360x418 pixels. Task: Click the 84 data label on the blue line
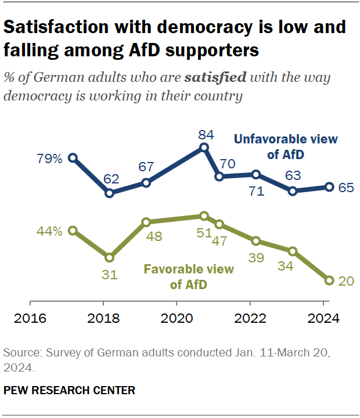[x=206, y=135]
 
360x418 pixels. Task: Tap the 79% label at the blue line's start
[x=50, y=158]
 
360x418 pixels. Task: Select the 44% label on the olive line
[x=50, y=232]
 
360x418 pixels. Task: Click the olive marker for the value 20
[x=329, y=280]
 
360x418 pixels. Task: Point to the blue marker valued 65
[x=329, y=187]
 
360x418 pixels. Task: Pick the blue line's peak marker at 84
[x=204, y=147]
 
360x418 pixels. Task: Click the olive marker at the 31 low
[x=109, y=257]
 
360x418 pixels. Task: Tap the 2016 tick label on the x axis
[x=30, y=318]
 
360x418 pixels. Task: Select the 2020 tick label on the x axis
[x=177, y=318]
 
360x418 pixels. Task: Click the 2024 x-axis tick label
[x=323, y=318]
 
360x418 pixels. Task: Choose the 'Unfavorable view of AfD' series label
[x=285, y=147]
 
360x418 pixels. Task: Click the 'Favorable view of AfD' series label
[x=189, y=277]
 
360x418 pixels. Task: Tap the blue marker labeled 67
[x=146, y=182]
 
